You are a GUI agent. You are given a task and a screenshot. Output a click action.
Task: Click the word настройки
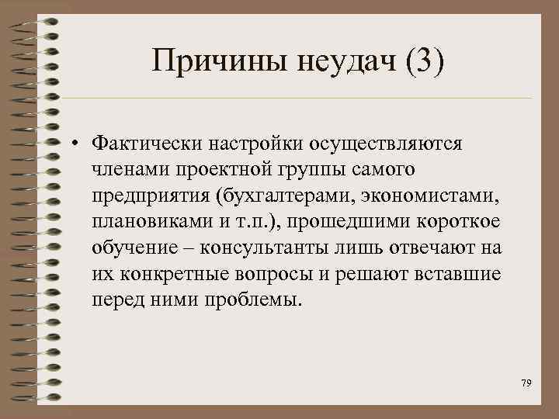click(248, 144)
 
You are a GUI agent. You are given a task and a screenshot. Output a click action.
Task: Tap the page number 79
click(526, 384)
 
